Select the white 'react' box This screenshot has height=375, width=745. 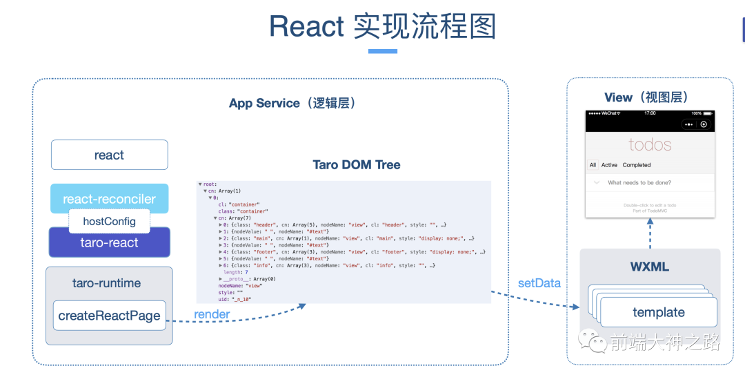[109, 155]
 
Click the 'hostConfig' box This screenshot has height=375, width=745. [109, 221]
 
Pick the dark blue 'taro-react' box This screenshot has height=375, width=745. [109, 242]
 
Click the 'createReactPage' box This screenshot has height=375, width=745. [109, 316]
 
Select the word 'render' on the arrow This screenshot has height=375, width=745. [212, 314]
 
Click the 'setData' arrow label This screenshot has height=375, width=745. [539, 283]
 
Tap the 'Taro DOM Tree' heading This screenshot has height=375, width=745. [356, 164]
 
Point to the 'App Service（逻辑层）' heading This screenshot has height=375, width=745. [292, 103]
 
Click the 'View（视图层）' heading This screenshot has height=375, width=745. [646, 97]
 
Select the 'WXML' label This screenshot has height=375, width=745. [649, 267]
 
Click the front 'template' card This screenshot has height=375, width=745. [659, 312]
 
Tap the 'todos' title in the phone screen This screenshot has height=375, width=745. [650, 144]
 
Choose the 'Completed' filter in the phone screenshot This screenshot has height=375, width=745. [636, 165]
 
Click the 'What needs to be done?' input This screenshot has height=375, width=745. [639, 183]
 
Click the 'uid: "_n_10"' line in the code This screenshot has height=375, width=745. [235, 299]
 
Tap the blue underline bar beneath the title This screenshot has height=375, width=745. [382, 51]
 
